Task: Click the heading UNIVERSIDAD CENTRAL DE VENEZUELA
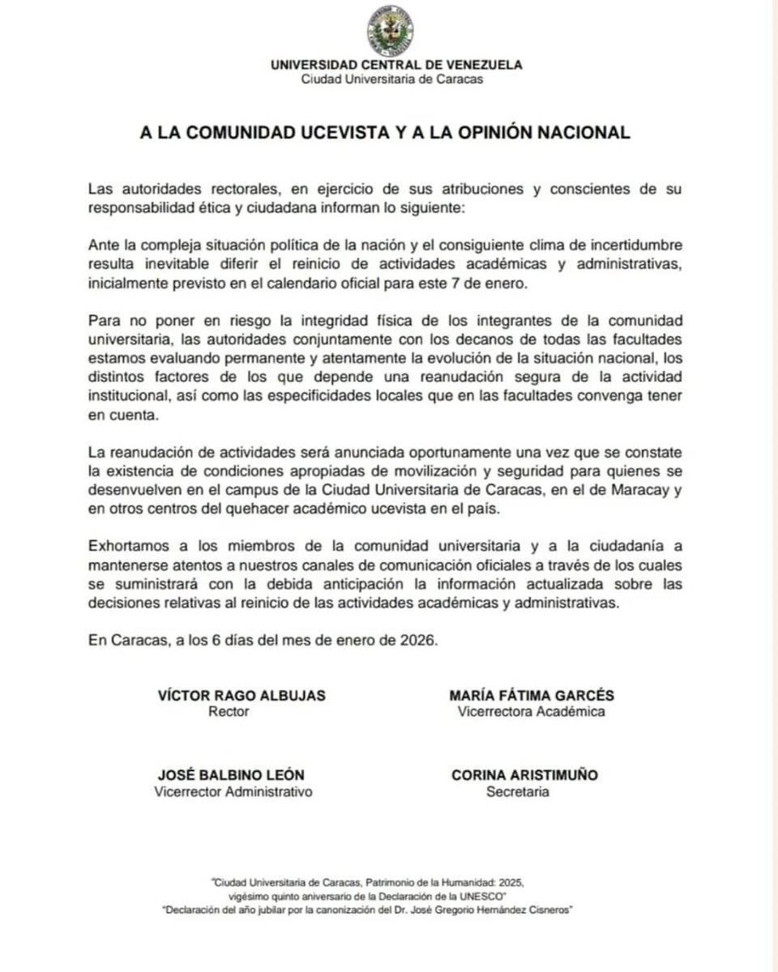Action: point(396,66)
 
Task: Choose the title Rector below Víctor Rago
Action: point(229,712)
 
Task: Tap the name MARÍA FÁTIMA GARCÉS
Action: point(531,696)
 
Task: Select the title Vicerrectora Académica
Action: point(531,712)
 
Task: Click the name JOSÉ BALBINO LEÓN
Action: point(232,775)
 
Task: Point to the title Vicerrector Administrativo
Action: point(233,791)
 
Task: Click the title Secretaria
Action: point(517,791)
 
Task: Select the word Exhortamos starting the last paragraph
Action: point(126,546)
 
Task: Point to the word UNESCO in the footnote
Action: point(485,895)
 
